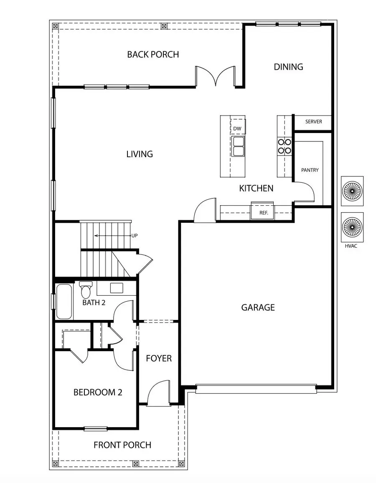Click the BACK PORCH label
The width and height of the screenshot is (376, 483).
coord(153,54)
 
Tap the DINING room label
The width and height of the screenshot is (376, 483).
coord(288,67)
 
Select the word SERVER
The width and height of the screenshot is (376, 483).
coord(313,122)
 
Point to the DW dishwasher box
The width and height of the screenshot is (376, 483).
coord(237,128)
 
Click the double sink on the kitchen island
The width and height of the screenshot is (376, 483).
coord(239,146)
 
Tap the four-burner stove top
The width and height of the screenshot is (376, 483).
coord(285,146)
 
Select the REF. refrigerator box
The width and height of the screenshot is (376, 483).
coord(263,213)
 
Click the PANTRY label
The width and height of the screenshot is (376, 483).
coord(310,170)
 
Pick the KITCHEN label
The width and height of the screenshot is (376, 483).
coord(256,189)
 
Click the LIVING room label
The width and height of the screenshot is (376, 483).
coord(140,154)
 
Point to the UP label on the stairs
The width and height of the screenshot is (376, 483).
coord(135,236)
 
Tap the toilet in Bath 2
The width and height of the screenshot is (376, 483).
coord(86,289)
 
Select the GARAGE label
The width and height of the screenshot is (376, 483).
coord(258,308)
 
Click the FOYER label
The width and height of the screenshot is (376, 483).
coord(159,358)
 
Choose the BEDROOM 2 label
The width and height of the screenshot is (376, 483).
coord(98,392)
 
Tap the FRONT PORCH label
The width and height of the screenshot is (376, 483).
coord(122,445)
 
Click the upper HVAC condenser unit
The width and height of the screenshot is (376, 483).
coord(352,191)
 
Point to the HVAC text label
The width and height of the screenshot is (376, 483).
coord(351,246)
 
